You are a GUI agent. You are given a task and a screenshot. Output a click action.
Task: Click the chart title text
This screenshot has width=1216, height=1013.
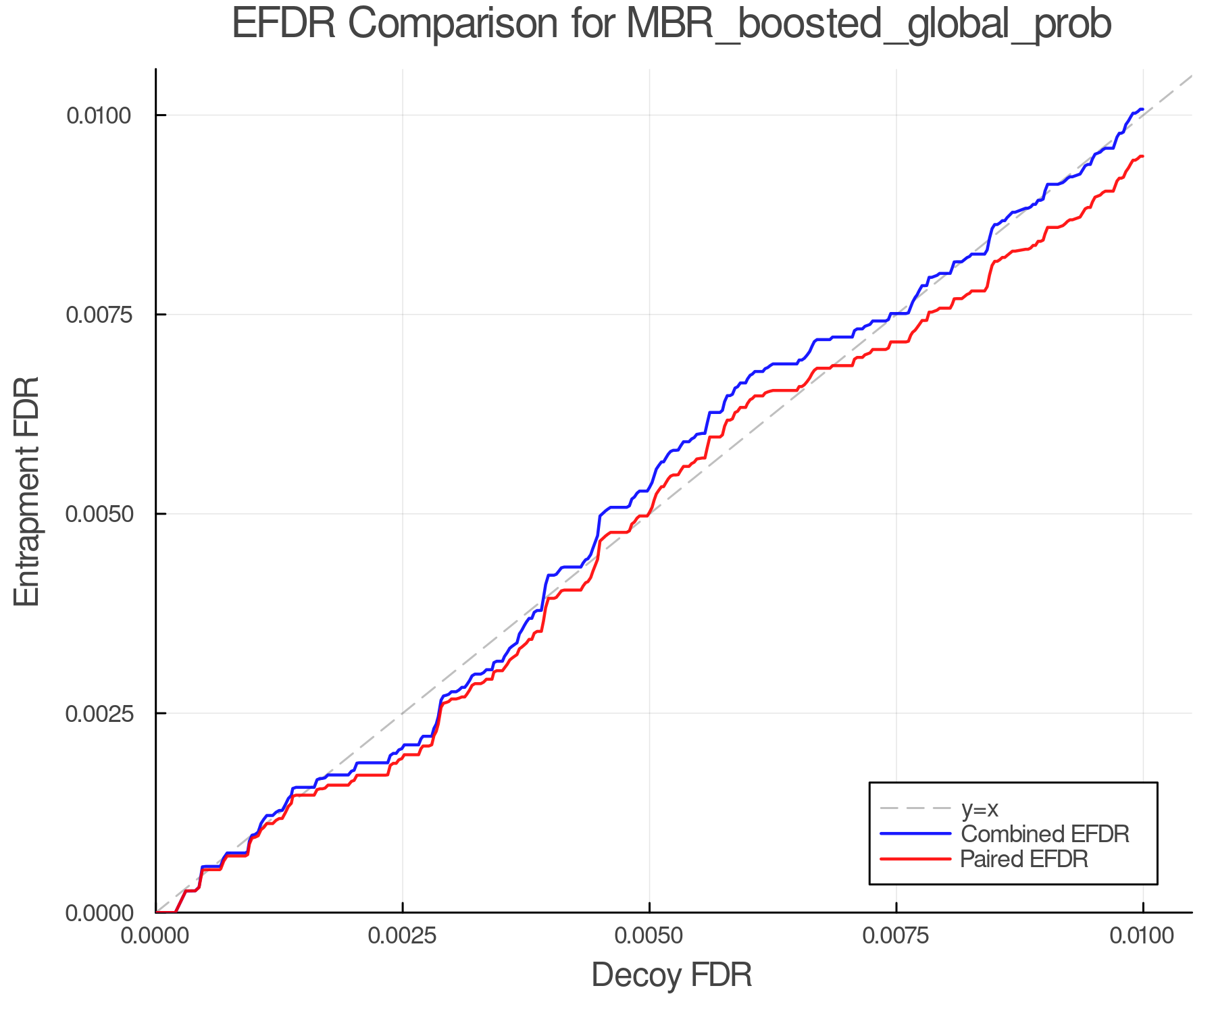672,24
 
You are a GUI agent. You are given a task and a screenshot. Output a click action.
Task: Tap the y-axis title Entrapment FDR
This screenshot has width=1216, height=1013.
27,491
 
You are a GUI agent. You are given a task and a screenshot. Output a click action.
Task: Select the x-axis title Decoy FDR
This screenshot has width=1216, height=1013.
672,975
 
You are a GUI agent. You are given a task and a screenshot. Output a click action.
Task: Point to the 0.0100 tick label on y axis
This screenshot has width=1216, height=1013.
98,115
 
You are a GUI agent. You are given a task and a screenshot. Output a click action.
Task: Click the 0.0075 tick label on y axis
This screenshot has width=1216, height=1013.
98,315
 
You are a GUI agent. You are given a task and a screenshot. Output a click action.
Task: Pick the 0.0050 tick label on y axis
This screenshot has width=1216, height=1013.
98,514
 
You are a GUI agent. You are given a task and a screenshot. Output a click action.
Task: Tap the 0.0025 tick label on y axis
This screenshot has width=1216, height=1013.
98,713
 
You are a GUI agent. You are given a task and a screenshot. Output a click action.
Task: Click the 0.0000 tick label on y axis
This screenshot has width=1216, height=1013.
98,913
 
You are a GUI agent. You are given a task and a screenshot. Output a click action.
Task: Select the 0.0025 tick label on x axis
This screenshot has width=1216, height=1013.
403,936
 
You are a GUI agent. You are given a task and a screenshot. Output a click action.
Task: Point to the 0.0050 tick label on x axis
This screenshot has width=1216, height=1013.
649,936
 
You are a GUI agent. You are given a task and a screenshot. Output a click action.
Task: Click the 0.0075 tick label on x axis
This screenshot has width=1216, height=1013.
896,936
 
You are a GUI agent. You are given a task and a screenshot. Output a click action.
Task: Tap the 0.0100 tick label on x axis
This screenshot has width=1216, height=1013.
1142,936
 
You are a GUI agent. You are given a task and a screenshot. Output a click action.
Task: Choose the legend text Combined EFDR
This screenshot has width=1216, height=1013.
1044,834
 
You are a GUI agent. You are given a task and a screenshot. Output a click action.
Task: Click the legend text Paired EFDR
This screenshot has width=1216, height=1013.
1024,859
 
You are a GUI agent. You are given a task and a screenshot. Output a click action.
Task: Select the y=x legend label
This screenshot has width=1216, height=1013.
980,809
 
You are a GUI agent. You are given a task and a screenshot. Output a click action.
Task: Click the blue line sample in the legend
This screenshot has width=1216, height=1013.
915,834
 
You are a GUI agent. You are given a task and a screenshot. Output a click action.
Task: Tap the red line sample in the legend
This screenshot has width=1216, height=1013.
915,859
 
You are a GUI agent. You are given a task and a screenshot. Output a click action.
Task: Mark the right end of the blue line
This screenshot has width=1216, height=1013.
1142,109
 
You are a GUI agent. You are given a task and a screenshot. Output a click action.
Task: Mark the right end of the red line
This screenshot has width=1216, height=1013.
1142,157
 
